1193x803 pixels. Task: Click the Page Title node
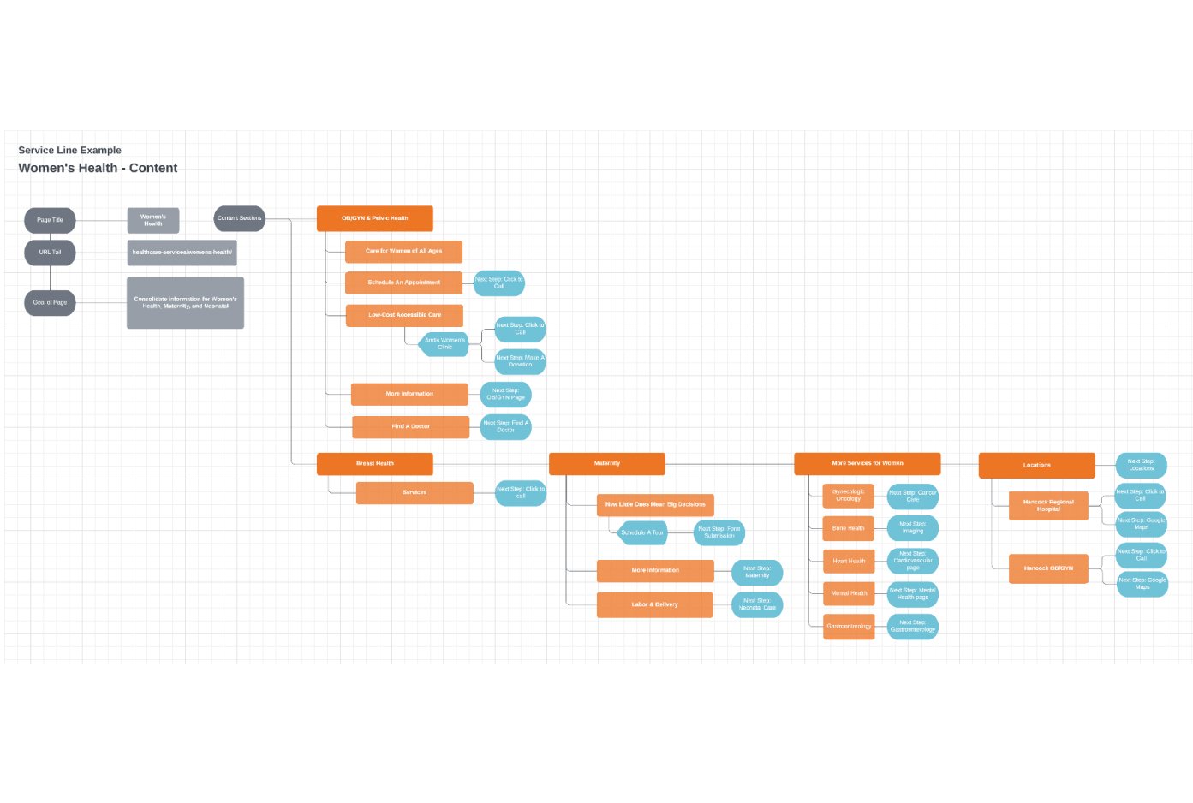pos(50,220)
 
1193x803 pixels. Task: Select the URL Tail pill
pos(50,253)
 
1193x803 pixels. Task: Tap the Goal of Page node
pos(50,302)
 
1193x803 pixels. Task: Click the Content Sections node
pos(239,218)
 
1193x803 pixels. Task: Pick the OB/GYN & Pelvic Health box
pos(374,218)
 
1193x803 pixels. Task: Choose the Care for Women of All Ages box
pos(403,251)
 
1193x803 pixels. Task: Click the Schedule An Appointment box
pos(403,283)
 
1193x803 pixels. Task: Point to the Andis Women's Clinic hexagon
pos(444,343)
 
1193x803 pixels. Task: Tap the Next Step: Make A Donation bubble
pos(520,361)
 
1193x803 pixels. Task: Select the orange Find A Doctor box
pos(410,426)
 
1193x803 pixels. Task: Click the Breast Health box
pos(374,463)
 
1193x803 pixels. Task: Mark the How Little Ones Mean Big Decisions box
pos(655,504)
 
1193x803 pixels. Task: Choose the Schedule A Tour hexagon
pos(642,532)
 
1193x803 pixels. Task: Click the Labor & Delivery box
pos(654,604)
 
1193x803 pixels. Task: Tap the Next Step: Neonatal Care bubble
pos(757,604)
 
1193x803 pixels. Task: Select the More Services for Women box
pos(867,463)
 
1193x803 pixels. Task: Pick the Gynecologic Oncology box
pos(848,495)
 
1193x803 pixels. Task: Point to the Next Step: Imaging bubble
pos(912,527)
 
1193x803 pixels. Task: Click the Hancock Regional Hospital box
pos(1048,505)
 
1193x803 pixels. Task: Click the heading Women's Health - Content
pos(98,168)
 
